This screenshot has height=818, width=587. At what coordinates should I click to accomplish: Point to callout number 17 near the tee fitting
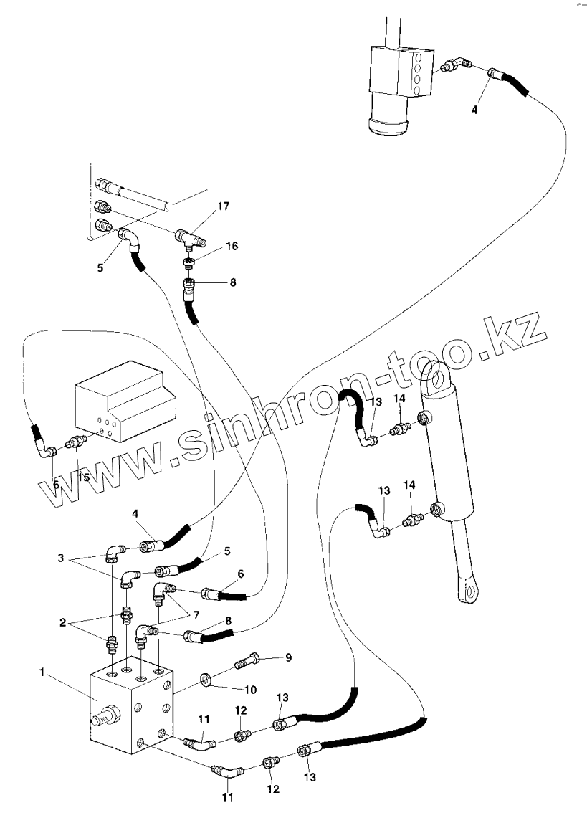coord(224,207)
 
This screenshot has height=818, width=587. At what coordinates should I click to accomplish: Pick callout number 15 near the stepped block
coord(84,478)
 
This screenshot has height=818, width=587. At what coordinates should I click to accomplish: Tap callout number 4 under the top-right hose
coord(474,110)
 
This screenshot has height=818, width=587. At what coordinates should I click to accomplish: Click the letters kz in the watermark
coord(520,336)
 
